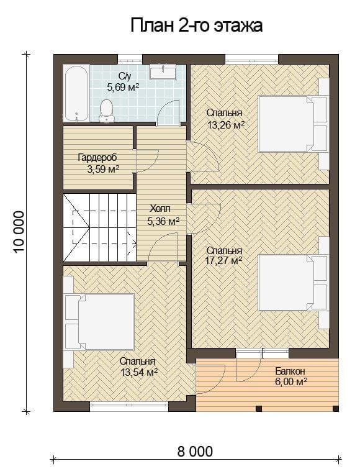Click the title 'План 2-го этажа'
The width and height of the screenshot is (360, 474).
[x=196, y=25]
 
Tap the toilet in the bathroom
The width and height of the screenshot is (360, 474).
[x=106, y=111]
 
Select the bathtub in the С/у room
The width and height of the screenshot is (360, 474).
[x=76, y=93]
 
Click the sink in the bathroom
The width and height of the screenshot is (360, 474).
[x=163, y=73]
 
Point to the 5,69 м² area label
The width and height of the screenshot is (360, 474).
[x=123, y=88]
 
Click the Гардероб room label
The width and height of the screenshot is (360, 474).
[x=97, y=158]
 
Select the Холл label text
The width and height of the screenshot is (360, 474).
[x=160, y=209]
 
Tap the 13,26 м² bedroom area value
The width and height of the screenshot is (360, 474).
[x=225, y=125]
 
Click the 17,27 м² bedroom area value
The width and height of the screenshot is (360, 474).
[x=224, y=260]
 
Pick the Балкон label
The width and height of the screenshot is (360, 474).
[x=290, y=371]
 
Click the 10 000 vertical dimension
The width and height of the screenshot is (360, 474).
[x=19, y=232]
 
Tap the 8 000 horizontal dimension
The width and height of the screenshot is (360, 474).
[x=195, y=452]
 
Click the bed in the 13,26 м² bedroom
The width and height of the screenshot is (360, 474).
[x=293, y=124]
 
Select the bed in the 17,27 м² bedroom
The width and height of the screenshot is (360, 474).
[x=293, y=283]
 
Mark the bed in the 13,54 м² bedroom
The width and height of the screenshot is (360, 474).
[x=100, y=322]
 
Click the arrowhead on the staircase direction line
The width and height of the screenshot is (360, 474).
[x=134, y=242]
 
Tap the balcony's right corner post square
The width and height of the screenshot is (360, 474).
[x=335, y=408]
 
